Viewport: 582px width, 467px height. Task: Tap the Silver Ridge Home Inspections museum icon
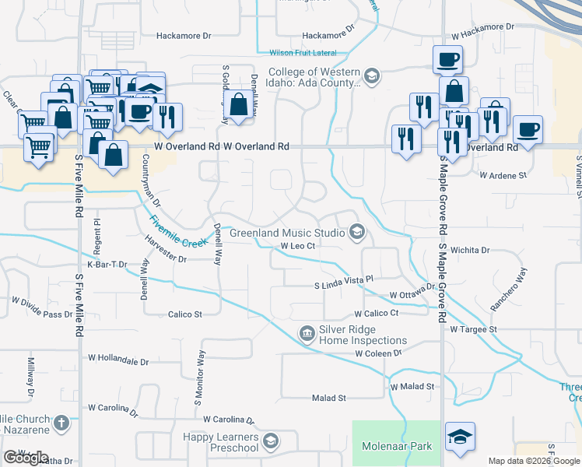pyautogui.click(x=307, y=334)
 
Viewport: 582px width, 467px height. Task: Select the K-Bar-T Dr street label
pyautogui.click(x=107, y=265)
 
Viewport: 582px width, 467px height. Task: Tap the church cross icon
pyautogui.click(x=61, y=424)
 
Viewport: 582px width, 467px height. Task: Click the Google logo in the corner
pyautogui.click(x=26, y=458)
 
